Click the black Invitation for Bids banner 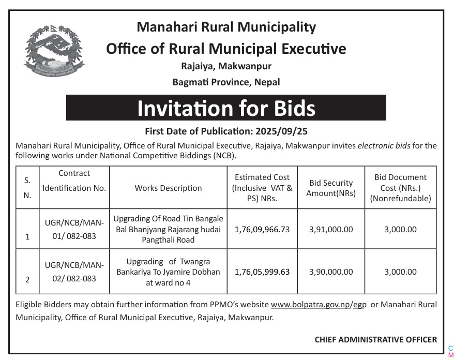tap(226, 108)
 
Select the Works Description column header tap(168, 188)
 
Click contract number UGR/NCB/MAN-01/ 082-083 tap(74, 230)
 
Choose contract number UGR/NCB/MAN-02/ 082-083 tap(74, 272)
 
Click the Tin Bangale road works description tap(168, 230)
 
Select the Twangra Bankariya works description tap(168, 272)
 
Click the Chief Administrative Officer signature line tap(375, 339)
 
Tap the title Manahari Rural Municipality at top tap(226, 26)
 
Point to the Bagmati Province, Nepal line tap(226, 82)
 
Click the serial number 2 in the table tap(27, 279)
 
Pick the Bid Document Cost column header tap(400, 188)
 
